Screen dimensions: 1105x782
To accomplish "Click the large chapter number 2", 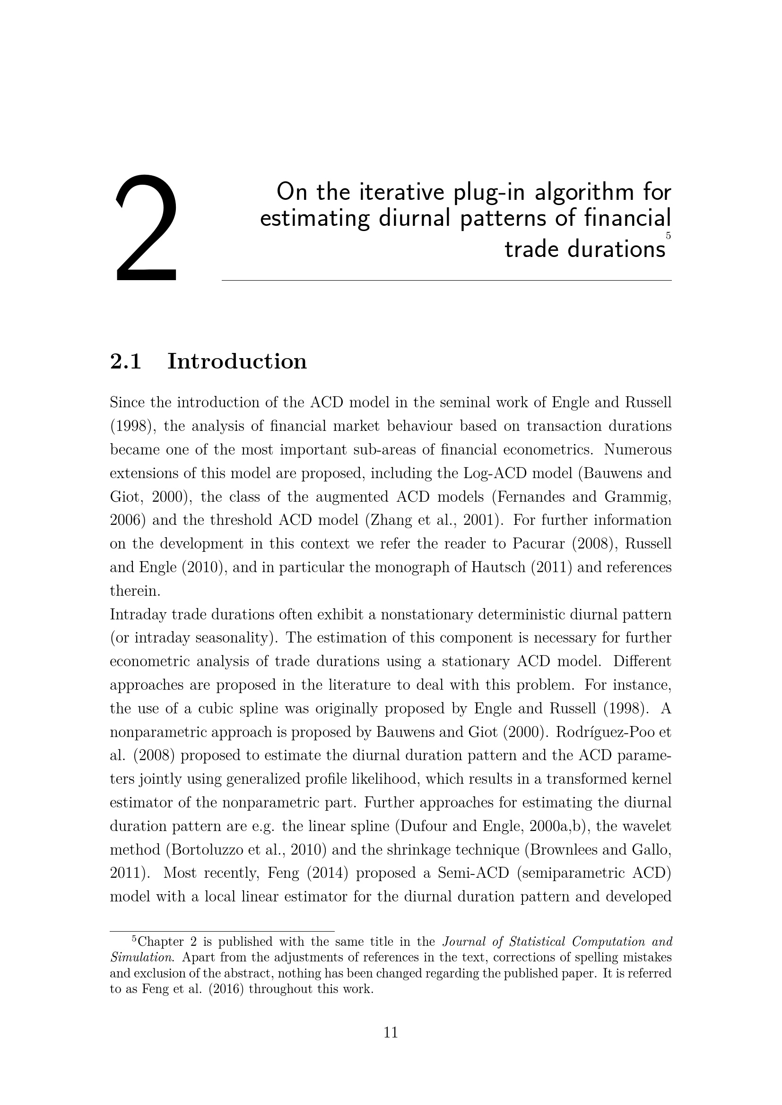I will (146, 228).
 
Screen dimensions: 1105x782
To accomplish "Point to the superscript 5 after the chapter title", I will (668, 236).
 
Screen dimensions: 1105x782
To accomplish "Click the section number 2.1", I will (125, 361).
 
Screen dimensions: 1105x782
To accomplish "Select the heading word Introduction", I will (236, 361).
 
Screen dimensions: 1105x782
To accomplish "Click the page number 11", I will (391, 1032).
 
